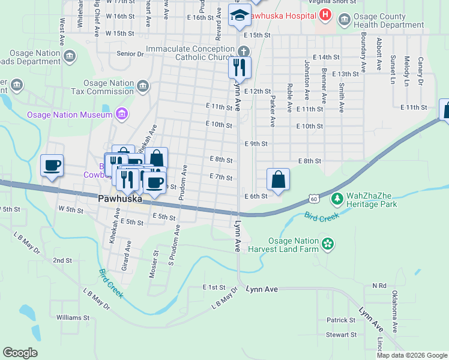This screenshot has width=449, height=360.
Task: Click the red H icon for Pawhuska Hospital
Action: (325, 14)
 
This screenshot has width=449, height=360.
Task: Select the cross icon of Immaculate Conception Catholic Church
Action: (244, 50)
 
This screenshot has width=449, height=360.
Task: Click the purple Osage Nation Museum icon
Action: (122, 114)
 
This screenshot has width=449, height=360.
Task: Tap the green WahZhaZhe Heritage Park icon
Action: (337, 197)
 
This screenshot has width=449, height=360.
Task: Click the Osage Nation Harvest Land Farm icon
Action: (328, 243)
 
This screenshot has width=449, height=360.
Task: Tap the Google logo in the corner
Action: (20, 353)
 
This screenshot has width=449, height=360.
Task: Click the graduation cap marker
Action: (240, 16)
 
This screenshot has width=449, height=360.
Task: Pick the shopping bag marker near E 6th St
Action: (279, 179)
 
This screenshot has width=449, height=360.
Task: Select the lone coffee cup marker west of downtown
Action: (52, 165)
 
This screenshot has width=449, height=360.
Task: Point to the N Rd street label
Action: (379, 286)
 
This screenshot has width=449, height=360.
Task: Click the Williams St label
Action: (73, 317)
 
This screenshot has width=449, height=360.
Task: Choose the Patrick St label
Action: (342, 320)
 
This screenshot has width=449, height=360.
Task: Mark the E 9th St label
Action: (256, 144)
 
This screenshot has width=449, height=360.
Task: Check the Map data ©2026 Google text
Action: (411, 355)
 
